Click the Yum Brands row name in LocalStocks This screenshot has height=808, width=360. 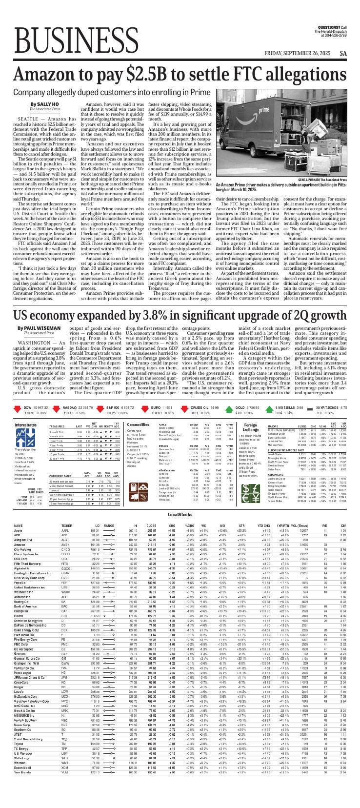pyautogui.click(x=22, y=800)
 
